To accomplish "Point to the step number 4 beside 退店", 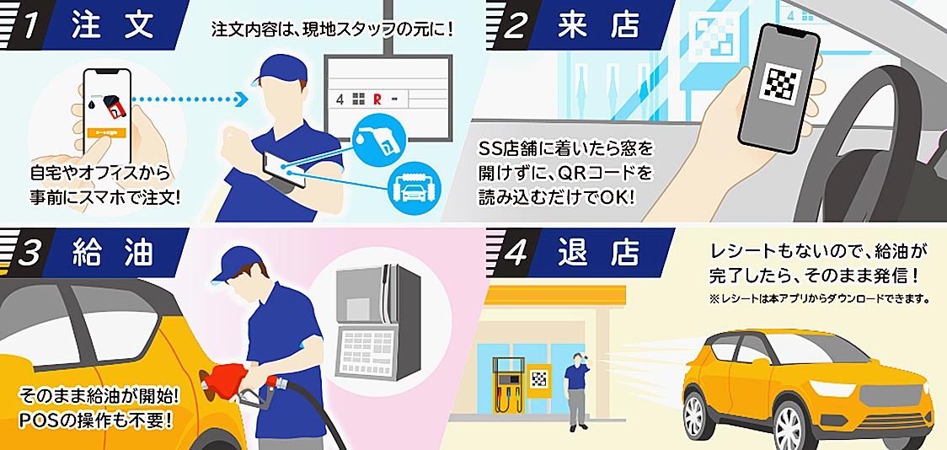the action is [516, 254].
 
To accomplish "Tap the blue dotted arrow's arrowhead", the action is [240, 99].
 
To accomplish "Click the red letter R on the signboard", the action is [377, 99].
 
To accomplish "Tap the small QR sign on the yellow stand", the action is [538, 380].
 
